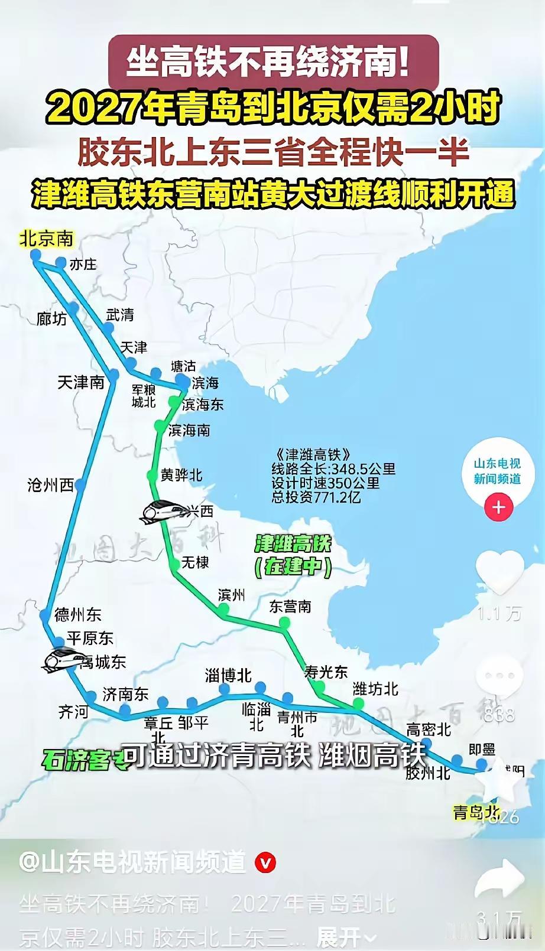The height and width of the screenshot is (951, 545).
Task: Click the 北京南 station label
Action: click(47, 239)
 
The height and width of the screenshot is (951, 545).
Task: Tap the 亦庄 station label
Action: click(83, 264)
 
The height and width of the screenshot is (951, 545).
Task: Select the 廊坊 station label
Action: click(51, 319)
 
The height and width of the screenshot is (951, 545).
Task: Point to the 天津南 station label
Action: click(81, 382)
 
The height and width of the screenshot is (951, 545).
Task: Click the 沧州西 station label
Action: click(50, 485)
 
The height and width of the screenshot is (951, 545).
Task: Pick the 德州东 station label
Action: click(77, 614)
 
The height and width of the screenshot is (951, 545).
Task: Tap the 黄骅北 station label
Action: click(181, 475)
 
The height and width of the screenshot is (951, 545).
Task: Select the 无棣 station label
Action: click(195, 562)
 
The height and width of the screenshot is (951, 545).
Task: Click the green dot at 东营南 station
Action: click(285, 623)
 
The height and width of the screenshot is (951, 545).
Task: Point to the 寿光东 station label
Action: click(326, 672)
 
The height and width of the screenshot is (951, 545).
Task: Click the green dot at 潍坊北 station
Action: click(358, 703)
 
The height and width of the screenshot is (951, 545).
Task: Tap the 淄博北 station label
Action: click(228, 675)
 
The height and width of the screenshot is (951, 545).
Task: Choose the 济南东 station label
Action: click(125, 694)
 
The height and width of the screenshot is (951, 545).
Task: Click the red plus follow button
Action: click(498, 507)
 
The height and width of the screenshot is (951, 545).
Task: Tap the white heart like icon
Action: click(499, 571)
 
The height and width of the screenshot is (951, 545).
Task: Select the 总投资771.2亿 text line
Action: click(316, 497)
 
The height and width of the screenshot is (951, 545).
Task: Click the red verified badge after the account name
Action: click(265, 863)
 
